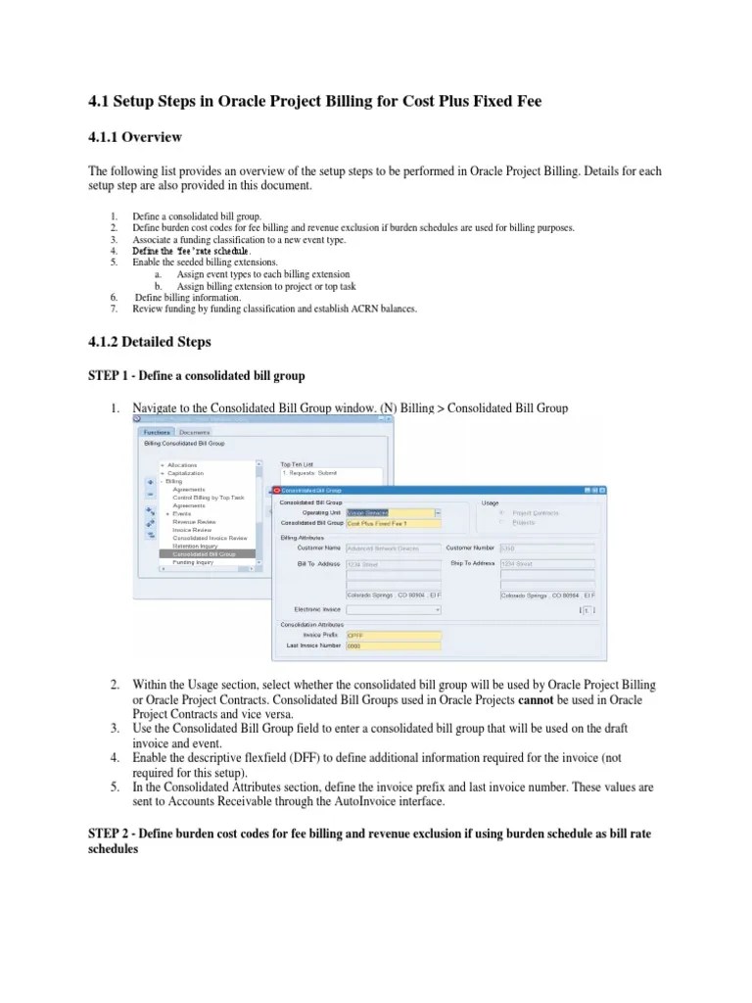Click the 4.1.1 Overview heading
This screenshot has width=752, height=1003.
tap(134, 136)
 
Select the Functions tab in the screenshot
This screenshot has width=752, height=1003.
tap(157, 432)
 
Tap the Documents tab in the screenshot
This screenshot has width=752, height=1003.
tap(194, 432)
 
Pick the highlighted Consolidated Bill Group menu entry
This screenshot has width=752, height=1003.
tap(205, 554)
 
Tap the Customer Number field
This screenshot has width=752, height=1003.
tap(546, 548)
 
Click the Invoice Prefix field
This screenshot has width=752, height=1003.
tap(394, 635)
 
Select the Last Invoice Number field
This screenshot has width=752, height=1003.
tap(394, 645)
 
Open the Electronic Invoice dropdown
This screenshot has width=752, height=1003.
tap(394, 609)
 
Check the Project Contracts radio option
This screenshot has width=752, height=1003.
tap(502, 512)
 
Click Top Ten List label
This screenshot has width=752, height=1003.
tap(298, 464)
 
